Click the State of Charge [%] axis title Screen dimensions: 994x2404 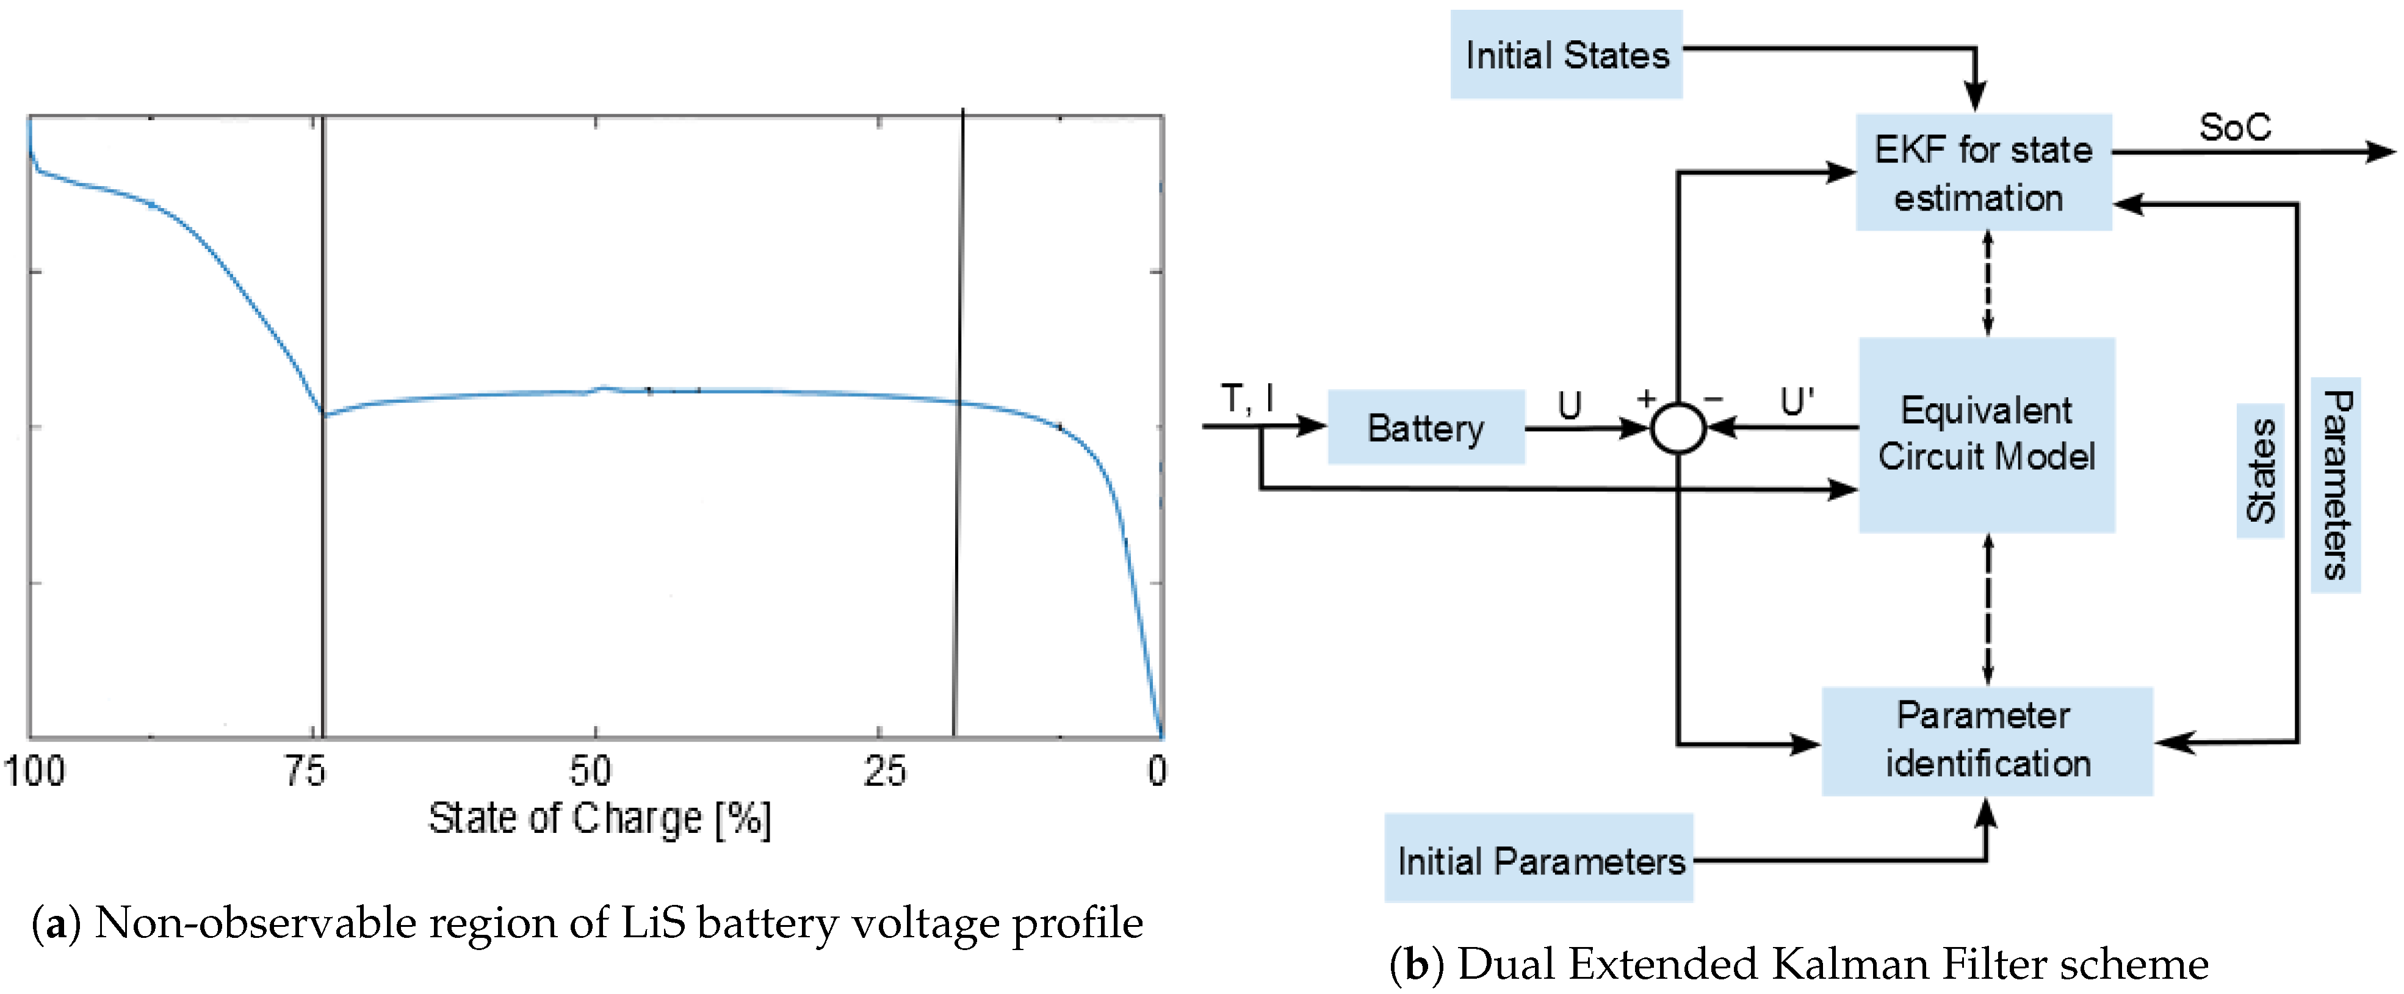(x=600, y=818)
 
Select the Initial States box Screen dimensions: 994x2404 (x=1566, y=55)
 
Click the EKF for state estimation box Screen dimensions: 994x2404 (x=1983, y=173)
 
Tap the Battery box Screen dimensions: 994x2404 (x=1425, y=428)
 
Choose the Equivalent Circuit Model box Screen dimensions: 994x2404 (x=1986, y=434)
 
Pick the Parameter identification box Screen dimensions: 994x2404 (x=1986, y=740)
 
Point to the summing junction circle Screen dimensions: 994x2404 (x=1678, y=428)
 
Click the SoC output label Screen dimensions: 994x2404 (x=2234, y=127)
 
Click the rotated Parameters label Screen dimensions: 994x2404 (x=2335, y=484)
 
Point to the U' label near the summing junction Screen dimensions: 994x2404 (x=1797, y=402)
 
